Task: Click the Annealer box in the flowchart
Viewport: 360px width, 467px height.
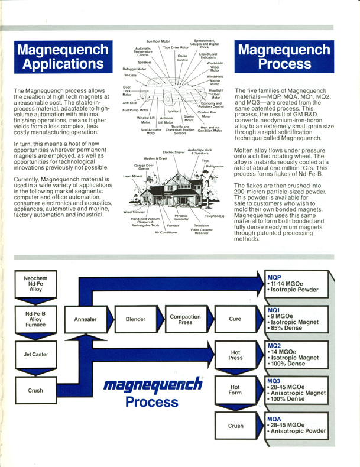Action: (86, 319)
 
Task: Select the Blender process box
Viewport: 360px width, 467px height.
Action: (135, 319)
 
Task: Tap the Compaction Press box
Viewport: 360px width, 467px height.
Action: (186, 319)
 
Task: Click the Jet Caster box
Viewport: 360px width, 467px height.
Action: (35, 355)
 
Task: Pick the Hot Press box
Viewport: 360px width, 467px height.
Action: (235, 355)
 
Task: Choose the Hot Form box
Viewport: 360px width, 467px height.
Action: (235, 390)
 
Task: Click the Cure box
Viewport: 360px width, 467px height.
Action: (235, 319)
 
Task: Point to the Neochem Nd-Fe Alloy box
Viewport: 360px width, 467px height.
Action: (35, 284)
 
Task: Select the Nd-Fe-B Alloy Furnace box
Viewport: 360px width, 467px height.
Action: (35, 319)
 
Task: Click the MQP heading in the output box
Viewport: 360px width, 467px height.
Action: (274, 278)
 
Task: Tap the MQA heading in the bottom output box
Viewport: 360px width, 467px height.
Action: (274, 419)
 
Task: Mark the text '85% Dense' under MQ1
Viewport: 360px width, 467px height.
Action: (287, 328)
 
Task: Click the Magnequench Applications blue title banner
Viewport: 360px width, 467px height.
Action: (63, 57)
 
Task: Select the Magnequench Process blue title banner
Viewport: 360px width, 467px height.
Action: (284, 57)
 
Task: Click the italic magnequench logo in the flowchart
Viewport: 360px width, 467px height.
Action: (153, 384)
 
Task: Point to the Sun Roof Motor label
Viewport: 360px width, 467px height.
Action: (158, 41)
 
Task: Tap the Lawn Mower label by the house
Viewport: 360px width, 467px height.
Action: (133, 176)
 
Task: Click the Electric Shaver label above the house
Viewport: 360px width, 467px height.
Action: (174, 152)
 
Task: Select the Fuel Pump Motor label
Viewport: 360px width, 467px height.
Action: (135, 110)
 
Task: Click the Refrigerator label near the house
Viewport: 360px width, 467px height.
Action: (215, 166)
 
